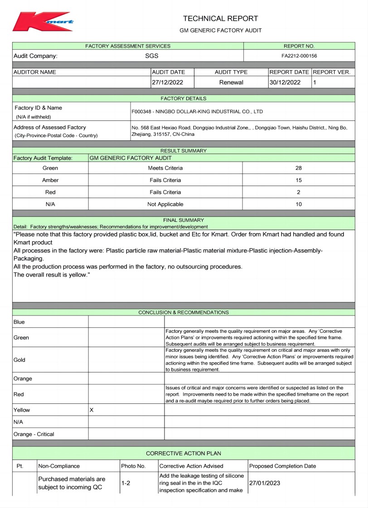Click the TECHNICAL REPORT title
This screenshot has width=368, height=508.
[220, 19]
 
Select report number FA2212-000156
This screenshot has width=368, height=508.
[299, 56]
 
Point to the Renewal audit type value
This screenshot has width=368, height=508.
[231, 82]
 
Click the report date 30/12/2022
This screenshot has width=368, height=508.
[285, 82]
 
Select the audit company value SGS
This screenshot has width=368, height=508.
[152, 56]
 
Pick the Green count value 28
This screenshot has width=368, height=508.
[298, 168]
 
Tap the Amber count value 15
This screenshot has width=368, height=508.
[298, 180]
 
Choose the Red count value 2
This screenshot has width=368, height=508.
[298, 192]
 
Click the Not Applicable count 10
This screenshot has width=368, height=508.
[298, 204]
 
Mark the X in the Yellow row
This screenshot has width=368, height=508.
[92, 410]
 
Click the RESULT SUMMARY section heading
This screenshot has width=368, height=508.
[184, 151]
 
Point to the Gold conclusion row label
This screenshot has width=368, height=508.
[19, 360]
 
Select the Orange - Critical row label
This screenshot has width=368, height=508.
[34, 434]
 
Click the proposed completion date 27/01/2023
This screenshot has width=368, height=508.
[265, 483]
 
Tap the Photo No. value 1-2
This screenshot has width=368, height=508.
[126, 483]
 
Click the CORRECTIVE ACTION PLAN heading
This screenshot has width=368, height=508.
[184, 453]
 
